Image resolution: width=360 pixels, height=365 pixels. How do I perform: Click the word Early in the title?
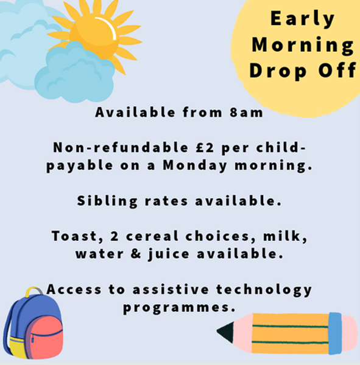pyautogui.click(x=302, y=19)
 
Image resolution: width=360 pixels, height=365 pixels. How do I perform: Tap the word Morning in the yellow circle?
pyautogui.click(x=303, y=45)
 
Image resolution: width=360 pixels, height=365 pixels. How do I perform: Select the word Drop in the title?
pyautogui.click(x=277, y=71)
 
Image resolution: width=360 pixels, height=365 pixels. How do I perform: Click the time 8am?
pyautogui.click(x=246, y=113)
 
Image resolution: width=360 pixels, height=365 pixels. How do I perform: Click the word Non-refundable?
pyautogui.click(x=121, y=147)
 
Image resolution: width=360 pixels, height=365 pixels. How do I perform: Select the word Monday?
pyautogui.click(x=195, y=165)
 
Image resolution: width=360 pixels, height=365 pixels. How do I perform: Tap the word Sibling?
pyautogui.click(x=107, y=201)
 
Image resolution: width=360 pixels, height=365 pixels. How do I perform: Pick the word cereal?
pyautogui.click(x=152, y=236)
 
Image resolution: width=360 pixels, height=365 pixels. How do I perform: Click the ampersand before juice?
pyautogui.click(x=136, y=254)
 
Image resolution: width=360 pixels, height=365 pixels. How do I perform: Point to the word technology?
pyautogui.click(x=264, y=290)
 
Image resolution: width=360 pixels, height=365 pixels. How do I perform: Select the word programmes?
pyautogui.click(x=179, y=308)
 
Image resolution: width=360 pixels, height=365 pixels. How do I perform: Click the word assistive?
pyautogui.click(x=171, y=290)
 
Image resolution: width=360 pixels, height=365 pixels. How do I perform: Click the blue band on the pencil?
pyautogui.click(x=335, y=333)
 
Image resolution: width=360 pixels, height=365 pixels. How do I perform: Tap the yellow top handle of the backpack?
pyautogui.click(x=34, y=291)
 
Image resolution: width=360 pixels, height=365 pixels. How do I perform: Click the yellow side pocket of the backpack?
pyautogui.click(x=17, y=347)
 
